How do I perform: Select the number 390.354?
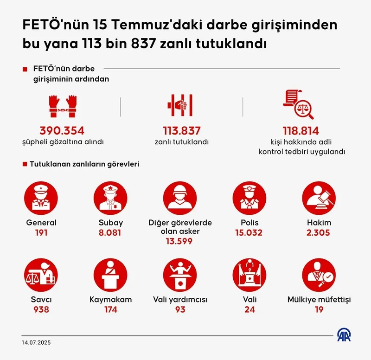[62, 131]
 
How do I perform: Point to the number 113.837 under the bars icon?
[181, 131]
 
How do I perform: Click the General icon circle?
[41, 197]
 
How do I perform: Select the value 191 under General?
[41, 232]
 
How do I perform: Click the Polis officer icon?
[249, 197]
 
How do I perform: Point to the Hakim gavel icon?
[319, 197]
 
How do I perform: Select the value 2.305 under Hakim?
[319, 232]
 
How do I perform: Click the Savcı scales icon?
[41, 275]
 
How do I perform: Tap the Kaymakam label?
[110, 300]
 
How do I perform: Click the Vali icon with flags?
[249, 275]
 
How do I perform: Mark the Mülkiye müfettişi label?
[319, 300]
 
